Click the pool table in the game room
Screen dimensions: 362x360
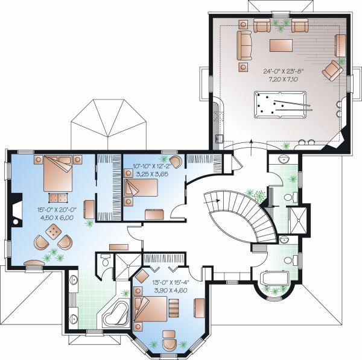click(281, 104)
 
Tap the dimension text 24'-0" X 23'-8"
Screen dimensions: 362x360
click(283, 71)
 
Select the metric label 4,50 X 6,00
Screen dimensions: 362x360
click(57, 218)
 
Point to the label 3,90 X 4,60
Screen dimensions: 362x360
click(171, 290)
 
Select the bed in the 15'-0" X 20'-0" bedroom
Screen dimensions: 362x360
click(58, 173)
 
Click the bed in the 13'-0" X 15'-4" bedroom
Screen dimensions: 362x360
click(150, 309)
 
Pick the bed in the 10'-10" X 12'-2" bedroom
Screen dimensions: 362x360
click(141, 188)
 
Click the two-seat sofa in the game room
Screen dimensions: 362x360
click(244, 46)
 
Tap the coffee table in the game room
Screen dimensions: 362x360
click(281, 45)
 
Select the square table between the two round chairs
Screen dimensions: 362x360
click(54, 232)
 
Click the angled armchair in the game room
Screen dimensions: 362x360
click(332, 70)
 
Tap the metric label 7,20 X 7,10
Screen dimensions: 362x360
click(283, 80)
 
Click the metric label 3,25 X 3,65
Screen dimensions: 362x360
click(152, 174)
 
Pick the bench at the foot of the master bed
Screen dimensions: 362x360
click(58, 198)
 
